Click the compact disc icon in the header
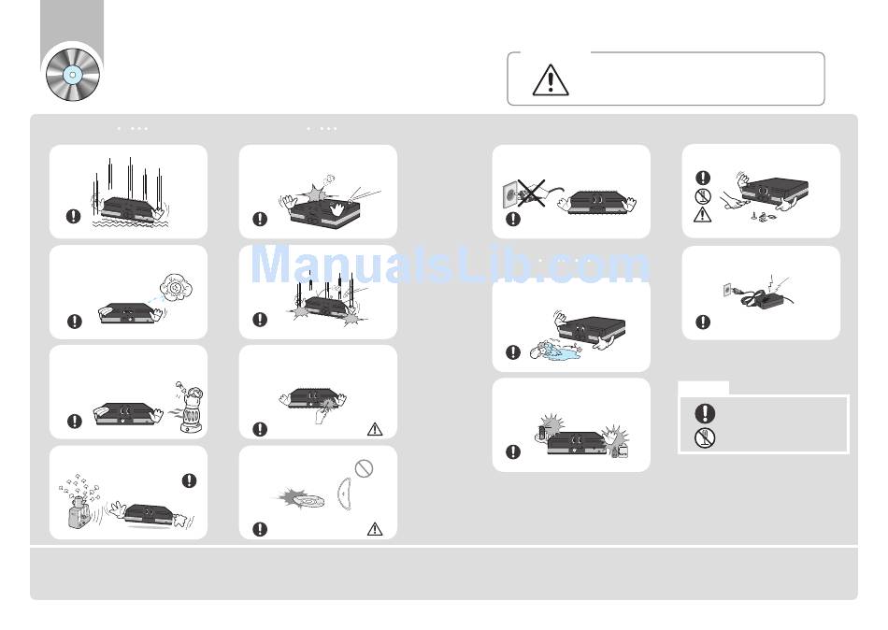[73, 75]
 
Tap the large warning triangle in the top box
[551, 80]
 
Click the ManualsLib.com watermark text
[451, 265]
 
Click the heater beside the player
[191, 408]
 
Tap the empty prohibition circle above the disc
[364, 468]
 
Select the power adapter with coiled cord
[757, 295]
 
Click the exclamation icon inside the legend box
[705, 413]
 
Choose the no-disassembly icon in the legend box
[705, 437]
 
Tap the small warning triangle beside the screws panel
[702, 215]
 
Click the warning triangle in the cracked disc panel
[374, 529]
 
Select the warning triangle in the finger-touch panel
[374, 429]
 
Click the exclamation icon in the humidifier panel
[189, 480]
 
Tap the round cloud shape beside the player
[177, 287]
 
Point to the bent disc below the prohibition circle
[344, 494]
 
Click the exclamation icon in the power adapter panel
[703, 322]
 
